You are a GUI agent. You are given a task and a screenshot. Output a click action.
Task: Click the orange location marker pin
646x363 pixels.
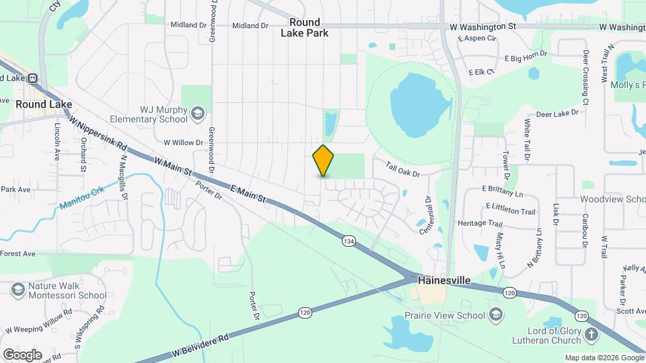324,161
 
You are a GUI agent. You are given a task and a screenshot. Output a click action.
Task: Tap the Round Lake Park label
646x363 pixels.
304,28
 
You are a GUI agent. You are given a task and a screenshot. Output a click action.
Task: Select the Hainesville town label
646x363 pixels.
443,279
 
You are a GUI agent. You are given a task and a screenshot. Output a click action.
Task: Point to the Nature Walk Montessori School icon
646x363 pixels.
18,290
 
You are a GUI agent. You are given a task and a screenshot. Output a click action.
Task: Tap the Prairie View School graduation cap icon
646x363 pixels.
495,315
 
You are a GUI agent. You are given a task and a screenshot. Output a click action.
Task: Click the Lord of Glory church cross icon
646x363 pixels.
591,335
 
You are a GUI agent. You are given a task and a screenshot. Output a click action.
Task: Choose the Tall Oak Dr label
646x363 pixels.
402,169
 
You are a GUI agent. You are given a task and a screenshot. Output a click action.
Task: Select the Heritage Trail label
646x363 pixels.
480,223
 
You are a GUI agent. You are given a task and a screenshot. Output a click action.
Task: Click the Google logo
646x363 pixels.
22,354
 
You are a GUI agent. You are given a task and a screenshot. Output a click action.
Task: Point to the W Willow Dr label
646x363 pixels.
183,143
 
